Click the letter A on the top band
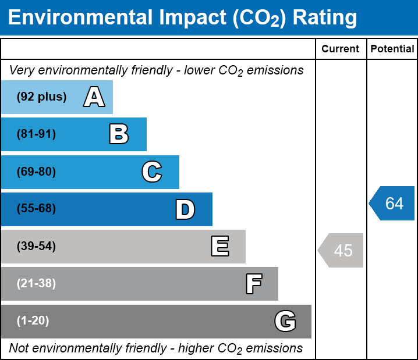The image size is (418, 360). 94,97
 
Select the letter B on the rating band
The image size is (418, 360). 119,134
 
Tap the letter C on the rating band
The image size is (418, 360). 152,172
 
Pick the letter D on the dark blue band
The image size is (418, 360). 185,209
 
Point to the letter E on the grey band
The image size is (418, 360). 219,247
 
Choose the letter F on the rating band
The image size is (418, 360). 253,284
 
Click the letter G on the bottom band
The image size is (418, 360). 285,321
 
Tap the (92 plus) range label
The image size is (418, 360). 41,97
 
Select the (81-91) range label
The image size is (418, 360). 36,134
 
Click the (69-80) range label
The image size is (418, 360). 36,172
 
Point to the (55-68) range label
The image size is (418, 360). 36,209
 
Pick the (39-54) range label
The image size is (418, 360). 36,247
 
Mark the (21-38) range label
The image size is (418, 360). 36,284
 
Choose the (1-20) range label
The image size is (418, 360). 33,321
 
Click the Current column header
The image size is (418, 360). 341,49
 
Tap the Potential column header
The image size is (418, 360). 392,49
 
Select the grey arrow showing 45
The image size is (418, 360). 341,251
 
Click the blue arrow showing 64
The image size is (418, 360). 392,204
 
